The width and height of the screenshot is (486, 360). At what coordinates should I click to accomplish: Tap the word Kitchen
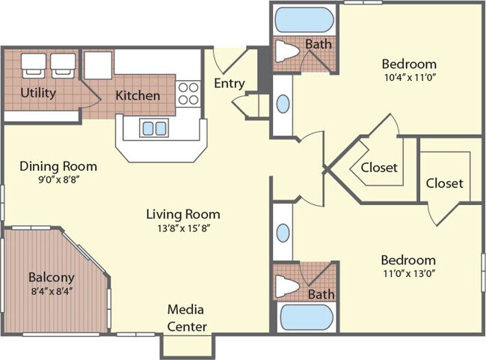coord(137,96)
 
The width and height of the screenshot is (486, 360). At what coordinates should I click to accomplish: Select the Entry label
coord(229,83)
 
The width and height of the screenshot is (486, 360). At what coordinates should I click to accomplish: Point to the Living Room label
coord(183,214)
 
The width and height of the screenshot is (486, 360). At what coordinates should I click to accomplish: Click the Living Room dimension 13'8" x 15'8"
coord(183,228)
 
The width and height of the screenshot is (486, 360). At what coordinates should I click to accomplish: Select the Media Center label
coord(186,317)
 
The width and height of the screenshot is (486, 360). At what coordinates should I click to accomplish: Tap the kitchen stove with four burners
coord(189,93)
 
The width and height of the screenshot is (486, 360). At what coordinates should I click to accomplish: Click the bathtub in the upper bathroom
coord(304,19)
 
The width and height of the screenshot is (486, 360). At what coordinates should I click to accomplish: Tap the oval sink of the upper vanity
coord(284,103)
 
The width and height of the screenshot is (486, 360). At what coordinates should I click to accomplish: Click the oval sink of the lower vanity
coord(283,232)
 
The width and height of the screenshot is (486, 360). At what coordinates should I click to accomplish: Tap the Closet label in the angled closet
coord(379,168)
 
